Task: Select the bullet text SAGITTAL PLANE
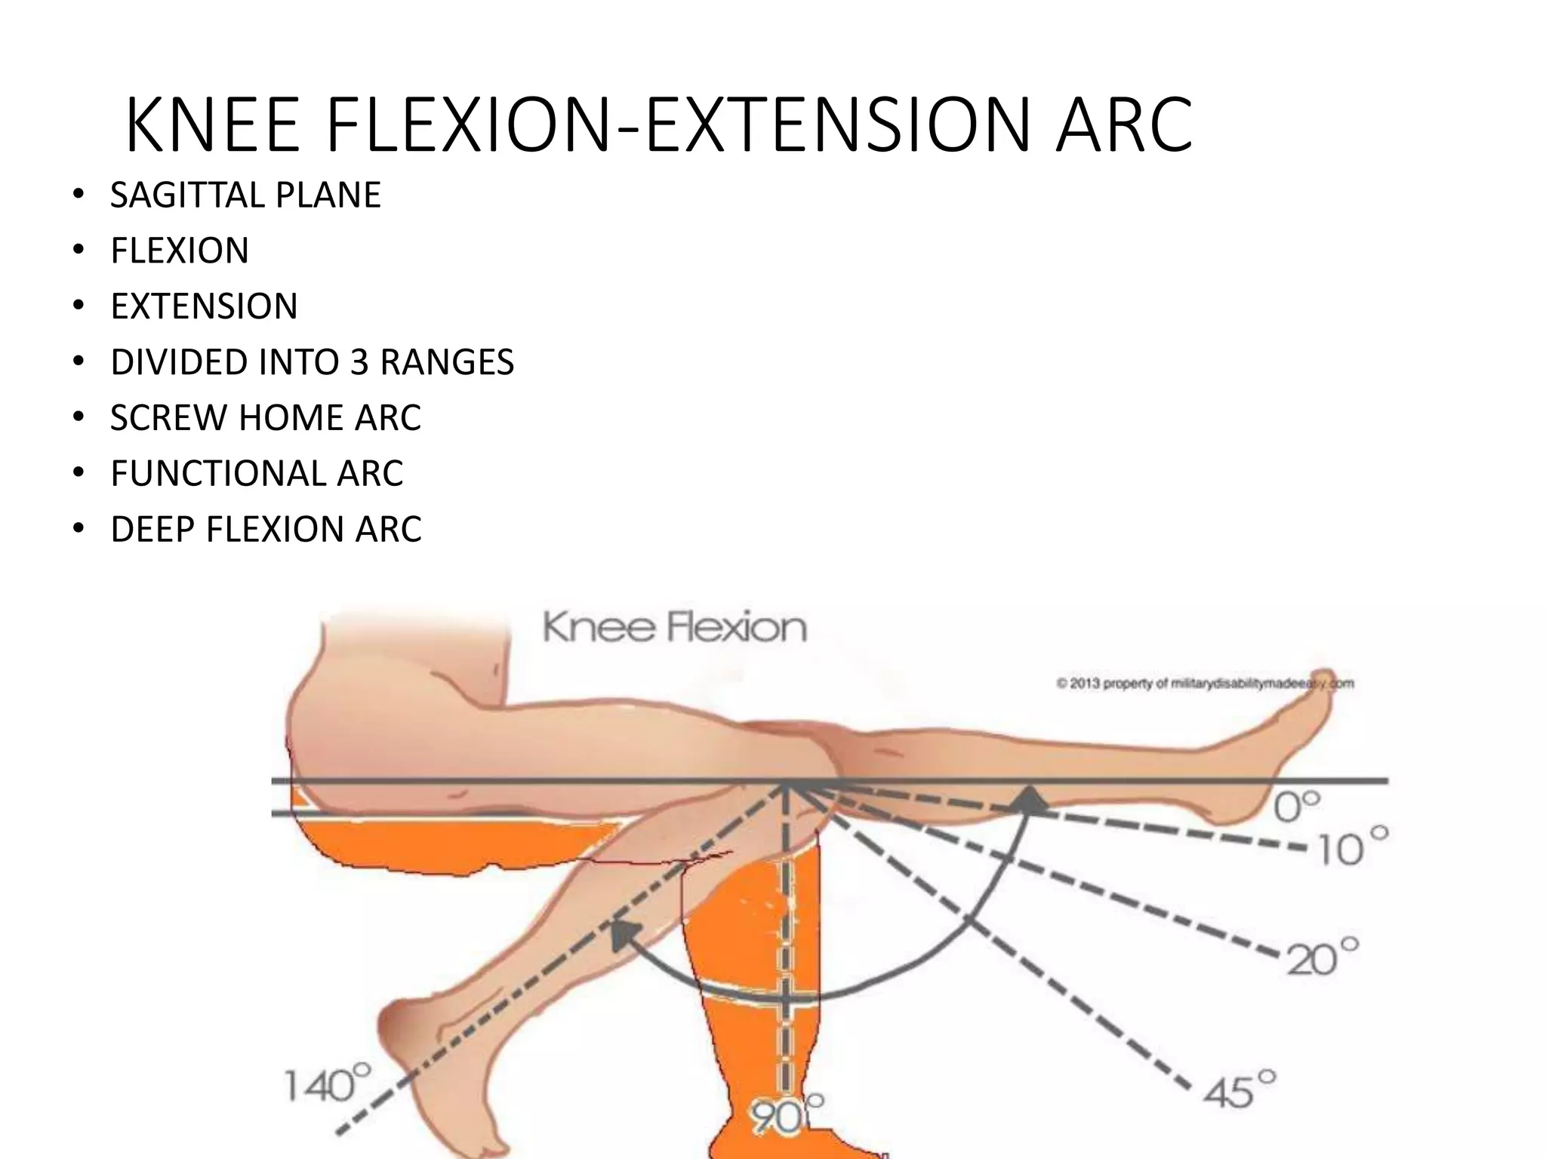(245, 195)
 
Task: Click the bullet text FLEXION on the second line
(180, 251)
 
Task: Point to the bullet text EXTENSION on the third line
(204, 307)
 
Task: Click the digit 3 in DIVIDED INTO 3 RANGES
(359, 363)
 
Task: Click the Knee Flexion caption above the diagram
(674, 629)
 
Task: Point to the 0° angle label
(1297, 807)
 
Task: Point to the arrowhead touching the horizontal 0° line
(1029, 801)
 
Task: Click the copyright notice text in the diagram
(1204, 684)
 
